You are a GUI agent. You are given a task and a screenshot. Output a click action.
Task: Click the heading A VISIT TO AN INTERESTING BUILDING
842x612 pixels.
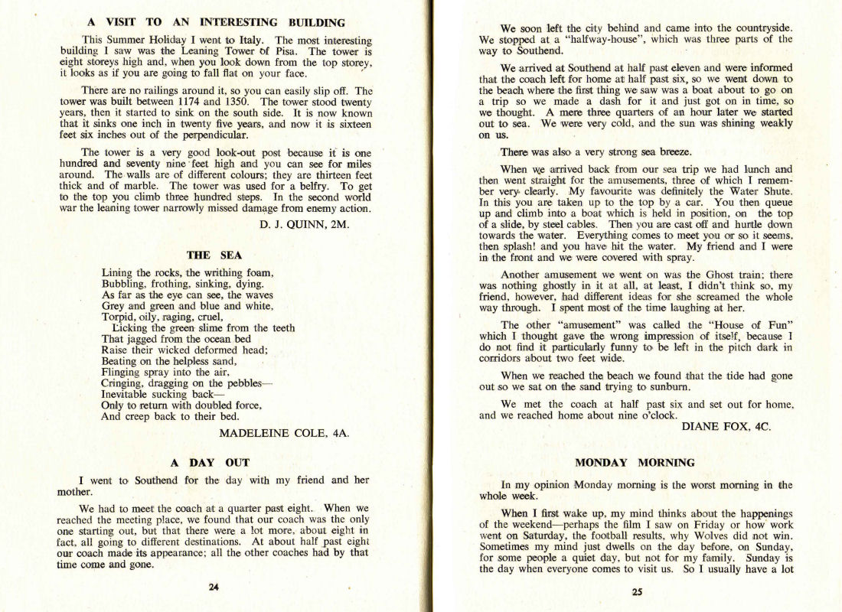click(216, 23)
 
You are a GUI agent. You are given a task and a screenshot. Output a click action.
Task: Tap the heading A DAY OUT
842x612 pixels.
click(210, 463)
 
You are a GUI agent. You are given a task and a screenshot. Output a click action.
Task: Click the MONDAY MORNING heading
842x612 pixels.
click(635, 463)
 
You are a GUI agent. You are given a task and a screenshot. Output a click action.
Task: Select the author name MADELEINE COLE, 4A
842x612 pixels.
click(284, 433)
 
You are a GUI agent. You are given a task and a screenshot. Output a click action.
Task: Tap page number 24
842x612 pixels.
click(214, 587)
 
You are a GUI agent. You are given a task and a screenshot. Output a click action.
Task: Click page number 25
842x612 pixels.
click(637, 591)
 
